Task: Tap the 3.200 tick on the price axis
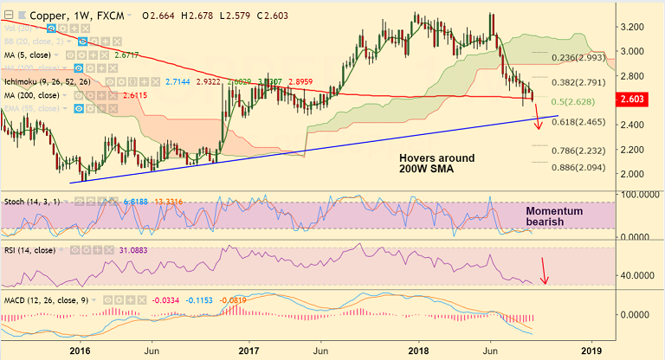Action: (x=638, y=27)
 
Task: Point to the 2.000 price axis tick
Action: (x=638, y=173)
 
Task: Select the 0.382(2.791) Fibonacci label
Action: (x=580, y=83)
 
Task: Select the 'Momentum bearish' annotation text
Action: (x=555, y=217)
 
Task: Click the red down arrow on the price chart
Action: (x=539, y=114)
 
